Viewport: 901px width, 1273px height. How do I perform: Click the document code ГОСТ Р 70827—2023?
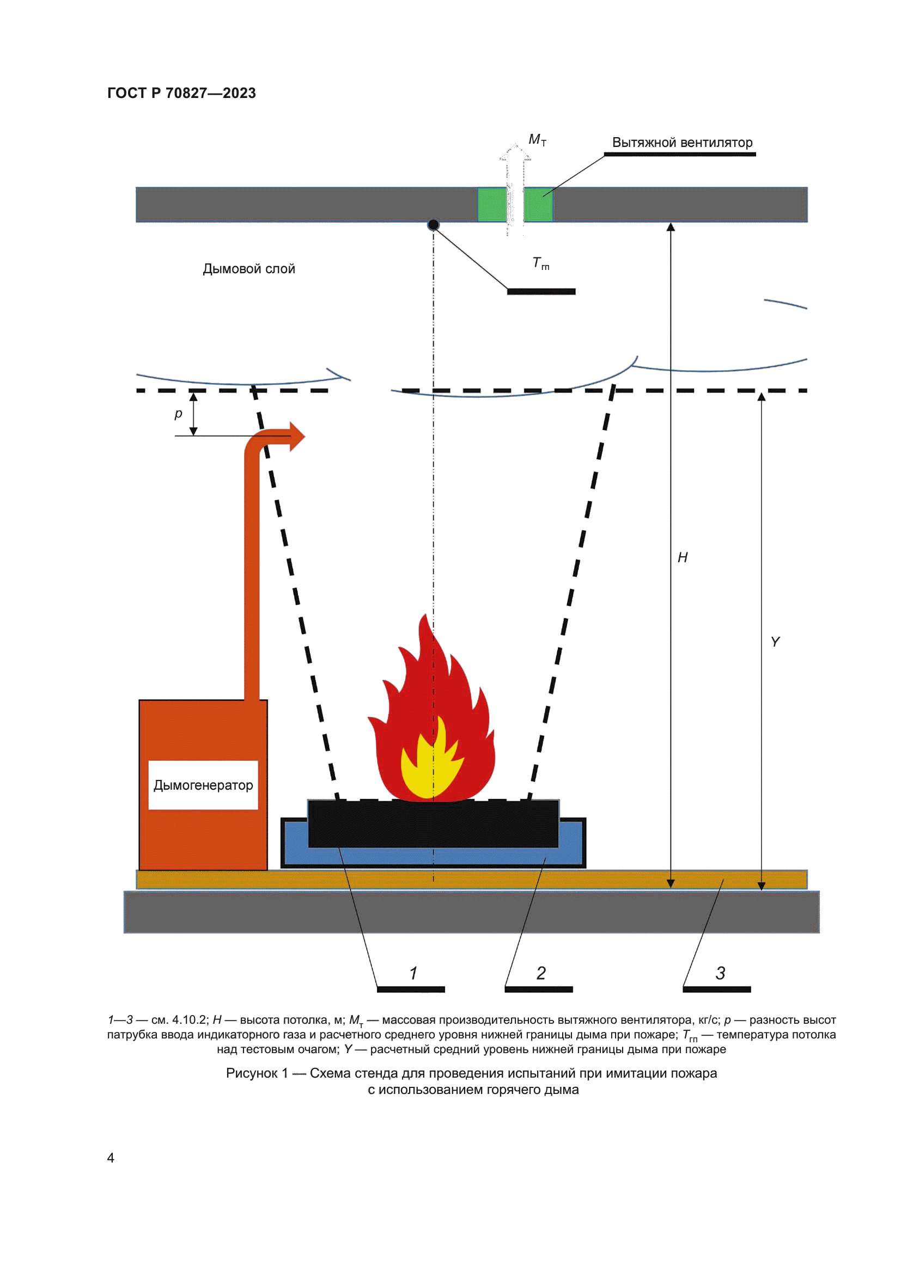pyautogui.click(x=181, y=93)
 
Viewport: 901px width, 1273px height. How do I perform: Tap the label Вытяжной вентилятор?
pyautogui.click(x=682, y=143)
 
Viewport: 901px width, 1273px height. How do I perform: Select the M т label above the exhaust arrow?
pyautogui.click(x=537, y=140)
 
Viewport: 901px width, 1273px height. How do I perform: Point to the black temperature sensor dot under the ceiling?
pyautogui.click(x=433, y=225)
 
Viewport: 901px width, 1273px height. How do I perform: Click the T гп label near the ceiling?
pyautogui.click(x=540, y=263)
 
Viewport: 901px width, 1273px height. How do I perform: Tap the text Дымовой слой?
pyautogui.click(x=248, y=269)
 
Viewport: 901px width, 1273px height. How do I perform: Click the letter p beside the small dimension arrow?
pyautogui.click(x=178, y=414)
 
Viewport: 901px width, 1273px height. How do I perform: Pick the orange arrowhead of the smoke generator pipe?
pyautogui.click(x=296, y=436)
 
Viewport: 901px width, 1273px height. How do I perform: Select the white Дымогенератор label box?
pyautogui.click(x=203, y=785)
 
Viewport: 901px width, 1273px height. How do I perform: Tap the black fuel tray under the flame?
pyautogui.click(x=433, y=824)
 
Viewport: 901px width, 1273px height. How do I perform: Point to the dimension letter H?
pyautogui.click(x=683, y=557)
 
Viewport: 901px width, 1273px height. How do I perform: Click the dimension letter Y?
pyautogui.click(x=775, y=642)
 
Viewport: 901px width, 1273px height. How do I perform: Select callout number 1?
pyautogui.click(x=413, y=973)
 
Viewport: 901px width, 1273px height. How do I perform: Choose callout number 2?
pyautogui.click(x=541, y=973)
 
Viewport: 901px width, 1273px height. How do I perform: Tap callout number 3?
pyautogui.click(x=720, y=973)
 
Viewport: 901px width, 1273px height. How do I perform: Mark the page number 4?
pyautogui.click(x=111, y=1158)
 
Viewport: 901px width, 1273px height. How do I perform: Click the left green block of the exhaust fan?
pyautogui.click(x=491, y=205)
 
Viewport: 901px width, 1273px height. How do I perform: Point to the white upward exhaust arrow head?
pyautogui.click(x=515, y=153)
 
